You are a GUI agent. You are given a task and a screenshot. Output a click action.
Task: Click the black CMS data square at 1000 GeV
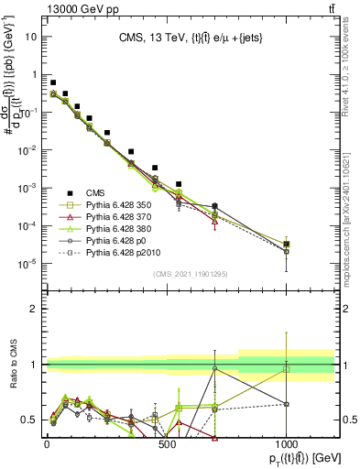pyautogui.click(x=287, y=245)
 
